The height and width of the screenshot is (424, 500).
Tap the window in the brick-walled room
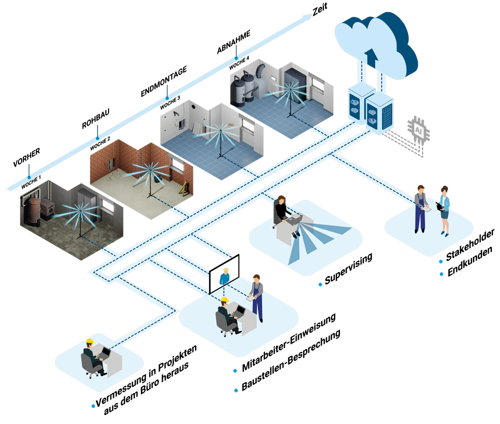click(x=175, y=164)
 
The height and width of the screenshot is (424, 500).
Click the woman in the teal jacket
click(x=444, y=210)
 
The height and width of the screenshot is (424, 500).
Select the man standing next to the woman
click(x=420, y=208)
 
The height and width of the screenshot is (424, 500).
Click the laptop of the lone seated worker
click(x=105, y=354)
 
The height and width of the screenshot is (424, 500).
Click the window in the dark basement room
click(x=108, y=204)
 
